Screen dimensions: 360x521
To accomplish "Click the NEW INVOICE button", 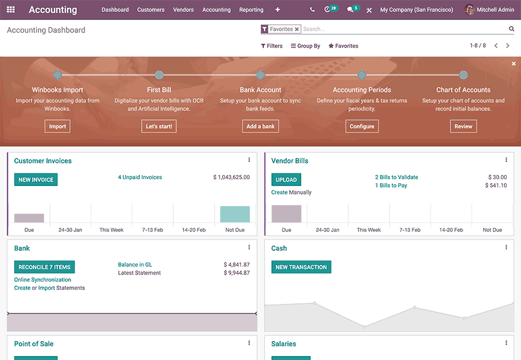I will tap(36, 180).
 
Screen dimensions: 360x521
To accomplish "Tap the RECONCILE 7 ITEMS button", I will tap(44, 267).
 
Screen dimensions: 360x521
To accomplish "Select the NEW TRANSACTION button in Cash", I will tap(301, 267).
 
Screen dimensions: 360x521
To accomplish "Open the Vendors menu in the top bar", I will tap(183, 10).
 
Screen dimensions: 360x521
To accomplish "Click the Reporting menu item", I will tap(251, 10).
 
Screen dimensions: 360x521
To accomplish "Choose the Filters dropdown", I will tap(272, 46).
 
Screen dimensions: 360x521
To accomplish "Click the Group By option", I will tap(306, 46).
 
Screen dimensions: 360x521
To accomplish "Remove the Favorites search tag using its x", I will tap(297, 29).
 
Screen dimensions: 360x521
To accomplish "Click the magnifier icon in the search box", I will tap(511, 29).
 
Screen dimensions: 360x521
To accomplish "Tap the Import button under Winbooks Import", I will tap(57, 126).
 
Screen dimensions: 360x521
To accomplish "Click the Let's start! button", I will tap(159, 126).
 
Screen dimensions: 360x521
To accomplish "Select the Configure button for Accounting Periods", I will tap(362, 126).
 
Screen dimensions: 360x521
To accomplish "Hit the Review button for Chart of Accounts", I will tap(463, 126).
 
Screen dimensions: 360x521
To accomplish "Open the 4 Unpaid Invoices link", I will tap(140, 177).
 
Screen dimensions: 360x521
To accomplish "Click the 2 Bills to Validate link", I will tap(396, 177).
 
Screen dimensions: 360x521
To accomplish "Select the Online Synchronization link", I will tap(43, 280).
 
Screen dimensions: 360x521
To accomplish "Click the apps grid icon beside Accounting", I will tap(11, 10).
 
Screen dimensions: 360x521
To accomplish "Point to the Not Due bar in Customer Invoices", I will tap(235, 214).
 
